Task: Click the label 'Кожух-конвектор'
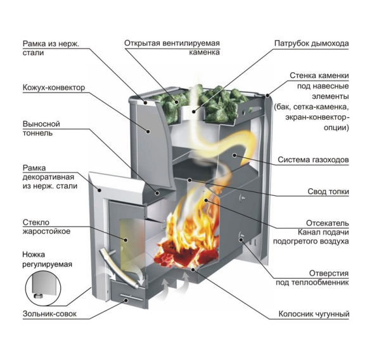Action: [x=54, y=87]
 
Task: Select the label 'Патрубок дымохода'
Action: [x=312, y=44]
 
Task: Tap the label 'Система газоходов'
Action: [x=313, y=160]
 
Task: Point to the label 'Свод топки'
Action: [x=328, y=191]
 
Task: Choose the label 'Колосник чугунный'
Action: [x=314, y=314]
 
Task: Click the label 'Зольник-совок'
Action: [x=49, y=314]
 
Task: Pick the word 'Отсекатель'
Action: [x=328, y=222]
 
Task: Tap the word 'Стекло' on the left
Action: [x=36, y=222]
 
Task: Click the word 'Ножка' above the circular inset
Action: [x=34, y=255]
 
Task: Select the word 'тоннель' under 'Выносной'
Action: [x=37, y=133]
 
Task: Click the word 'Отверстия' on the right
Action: [x=329, y=273]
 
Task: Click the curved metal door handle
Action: [x=119, y=268]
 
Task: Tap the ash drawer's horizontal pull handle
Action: [x=132, y=298]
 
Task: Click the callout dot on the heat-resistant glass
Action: [x=126, y=240]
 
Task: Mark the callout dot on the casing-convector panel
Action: [x=148, y=131]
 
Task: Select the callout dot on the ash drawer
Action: [x=126, y=300]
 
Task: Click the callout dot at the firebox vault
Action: [x=190, y=180]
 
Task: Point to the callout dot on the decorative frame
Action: [x=100, y=190]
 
